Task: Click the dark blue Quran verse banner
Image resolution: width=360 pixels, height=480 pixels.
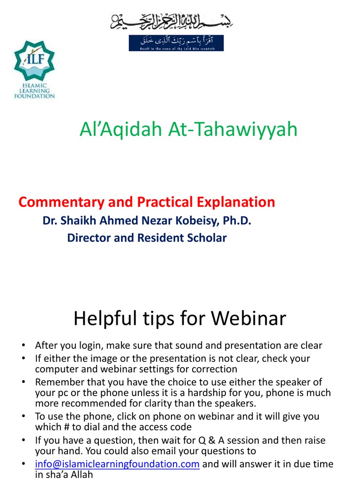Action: coord(176,43)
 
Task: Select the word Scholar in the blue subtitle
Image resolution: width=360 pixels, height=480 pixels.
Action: coord(206,238)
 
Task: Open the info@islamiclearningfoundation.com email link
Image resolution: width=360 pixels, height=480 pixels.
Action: coord(118,464)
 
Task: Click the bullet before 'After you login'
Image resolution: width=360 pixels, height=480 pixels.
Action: coord(22,346)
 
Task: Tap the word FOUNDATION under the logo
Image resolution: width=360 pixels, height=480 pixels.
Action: coord(34,96)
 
